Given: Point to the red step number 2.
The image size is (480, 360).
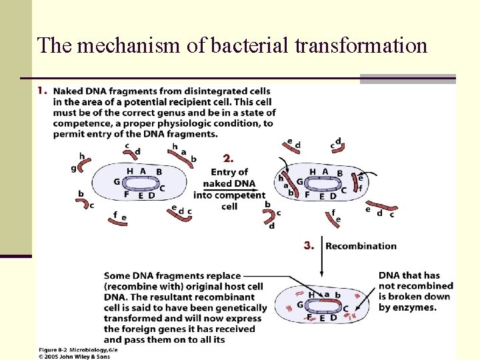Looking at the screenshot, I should (229, 159).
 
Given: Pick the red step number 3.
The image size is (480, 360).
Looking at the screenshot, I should (309, 245).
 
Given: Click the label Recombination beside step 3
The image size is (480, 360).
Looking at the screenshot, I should (361, 246).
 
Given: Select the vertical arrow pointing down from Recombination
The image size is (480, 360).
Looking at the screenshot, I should (321, 257).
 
